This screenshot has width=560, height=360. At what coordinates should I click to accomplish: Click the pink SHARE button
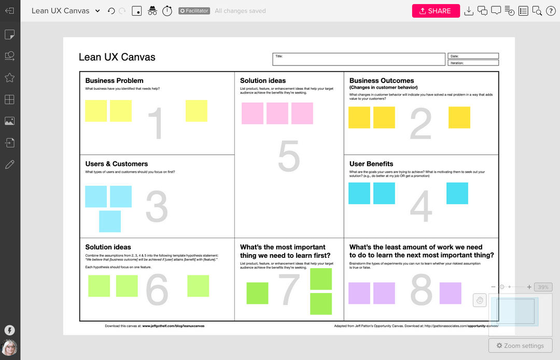coord(436,11)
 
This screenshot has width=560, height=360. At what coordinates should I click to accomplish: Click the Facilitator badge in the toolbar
coord(194,11)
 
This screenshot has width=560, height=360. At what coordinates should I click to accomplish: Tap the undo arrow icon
coord(111,11)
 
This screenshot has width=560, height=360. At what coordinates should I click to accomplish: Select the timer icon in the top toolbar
coord(167,11)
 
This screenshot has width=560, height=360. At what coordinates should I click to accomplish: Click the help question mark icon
coord(551,11)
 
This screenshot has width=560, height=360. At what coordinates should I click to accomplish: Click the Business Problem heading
coord(114,80)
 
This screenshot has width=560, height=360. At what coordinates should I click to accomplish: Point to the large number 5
coord(289,156)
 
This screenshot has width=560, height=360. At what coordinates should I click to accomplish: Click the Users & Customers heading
coord(117,164)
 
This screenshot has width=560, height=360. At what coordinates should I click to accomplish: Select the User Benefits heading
coord(371,164)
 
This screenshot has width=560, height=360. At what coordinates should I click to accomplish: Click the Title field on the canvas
coord(359,59)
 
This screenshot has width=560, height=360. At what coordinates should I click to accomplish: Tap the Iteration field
coord(473,63)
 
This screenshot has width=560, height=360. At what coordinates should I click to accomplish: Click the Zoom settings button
coord(520,345)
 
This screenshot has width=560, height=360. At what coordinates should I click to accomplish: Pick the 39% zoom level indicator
coord(543,287)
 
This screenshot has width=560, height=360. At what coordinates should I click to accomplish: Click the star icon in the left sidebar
coord(9,78)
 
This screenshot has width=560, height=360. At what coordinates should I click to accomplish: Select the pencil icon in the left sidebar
coord(9,165)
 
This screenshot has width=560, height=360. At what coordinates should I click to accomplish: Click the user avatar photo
coord(9,348)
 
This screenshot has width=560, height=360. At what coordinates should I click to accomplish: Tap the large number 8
coord(421,290)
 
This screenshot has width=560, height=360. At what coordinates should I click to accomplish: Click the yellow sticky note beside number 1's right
coord(197,111)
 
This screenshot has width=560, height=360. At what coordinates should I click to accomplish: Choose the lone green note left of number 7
coord(257,293)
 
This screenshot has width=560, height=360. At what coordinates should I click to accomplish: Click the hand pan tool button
coord(480,300)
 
